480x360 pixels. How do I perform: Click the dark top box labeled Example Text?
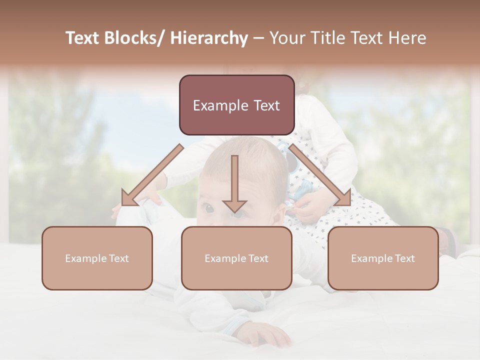point(236,105)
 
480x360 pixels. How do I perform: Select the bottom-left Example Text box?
point(96,258)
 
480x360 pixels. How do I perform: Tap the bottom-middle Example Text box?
point(236,258)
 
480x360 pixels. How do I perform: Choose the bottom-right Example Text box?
point(383,258)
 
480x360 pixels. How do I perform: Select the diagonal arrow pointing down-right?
point(320,175)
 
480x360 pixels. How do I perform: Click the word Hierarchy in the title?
point(209,38)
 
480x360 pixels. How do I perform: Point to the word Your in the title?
point(287,38)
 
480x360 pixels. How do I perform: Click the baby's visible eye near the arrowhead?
point(206,207)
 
